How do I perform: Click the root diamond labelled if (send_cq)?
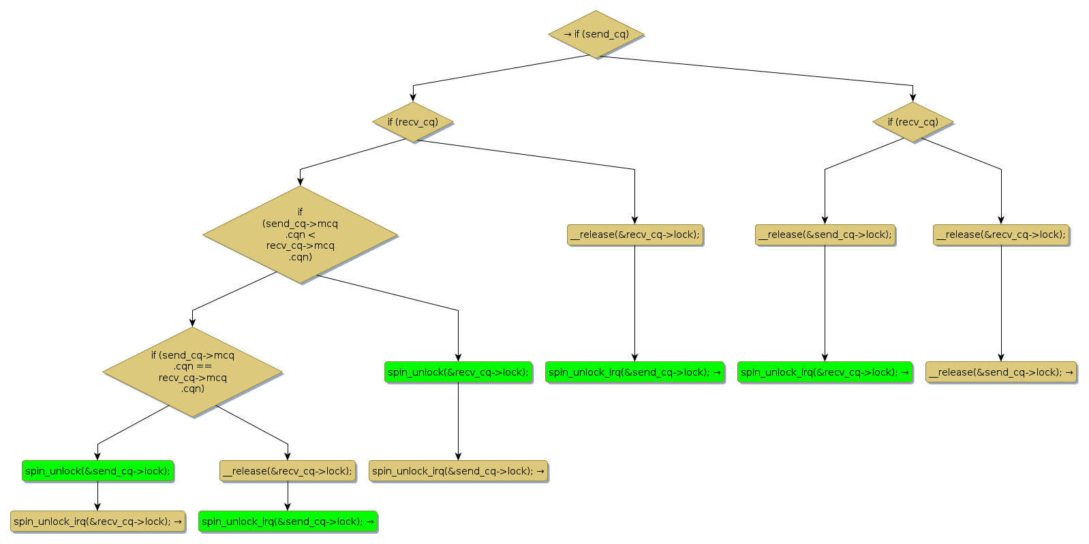pyautogui.click(x=596, y=34)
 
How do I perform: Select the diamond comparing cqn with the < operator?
pyautogui.click(x=300, y=235)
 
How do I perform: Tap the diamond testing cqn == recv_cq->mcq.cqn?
pyautogui.click(x=192, y=372)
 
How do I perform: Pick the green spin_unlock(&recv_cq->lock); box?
pyautogui.click(x=458, y=372)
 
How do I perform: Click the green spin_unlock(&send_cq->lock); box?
pyautogui.click(x=97, y=471)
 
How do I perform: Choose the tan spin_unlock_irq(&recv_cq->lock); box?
pyautogui.click(x=97, y=522)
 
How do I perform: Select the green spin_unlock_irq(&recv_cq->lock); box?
pyautogui.click(x=825, y=372)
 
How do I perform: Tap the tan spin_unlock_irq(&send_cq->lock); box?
pyautogui.click(x=458, y=471)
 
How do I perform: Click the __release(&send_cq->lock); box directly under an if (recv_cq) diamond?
pyautogui.click(x=825, y=235)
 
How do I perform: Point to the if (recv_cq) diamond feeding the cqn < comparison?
pyautogui.click(x=413, y=122)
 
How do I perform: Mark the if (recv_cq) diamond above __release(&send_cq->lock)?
pyautogui.click(x=912, y=122)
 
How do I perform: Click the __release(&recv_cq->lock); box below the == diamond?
pyautogui.click(x=288, y=471)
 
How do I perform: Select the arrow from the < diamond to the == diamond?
pyautogui.click(x=232, y=292)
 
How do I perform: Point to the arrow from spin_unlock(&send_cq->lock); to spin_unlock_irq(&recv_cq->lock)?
pyautogui.click(x=97, y=496)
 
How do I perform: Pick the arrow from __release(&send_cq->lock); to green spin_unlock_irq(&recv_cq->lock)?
pyautogui.click(x=825, y=303)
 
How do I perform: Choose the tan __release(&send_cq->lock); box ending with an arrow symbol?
pyautogui.click(x=1000, y=372)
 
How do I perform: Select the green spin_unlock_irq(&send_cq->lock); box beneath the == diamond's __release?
pyautogui.click(x=288, y=522)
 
